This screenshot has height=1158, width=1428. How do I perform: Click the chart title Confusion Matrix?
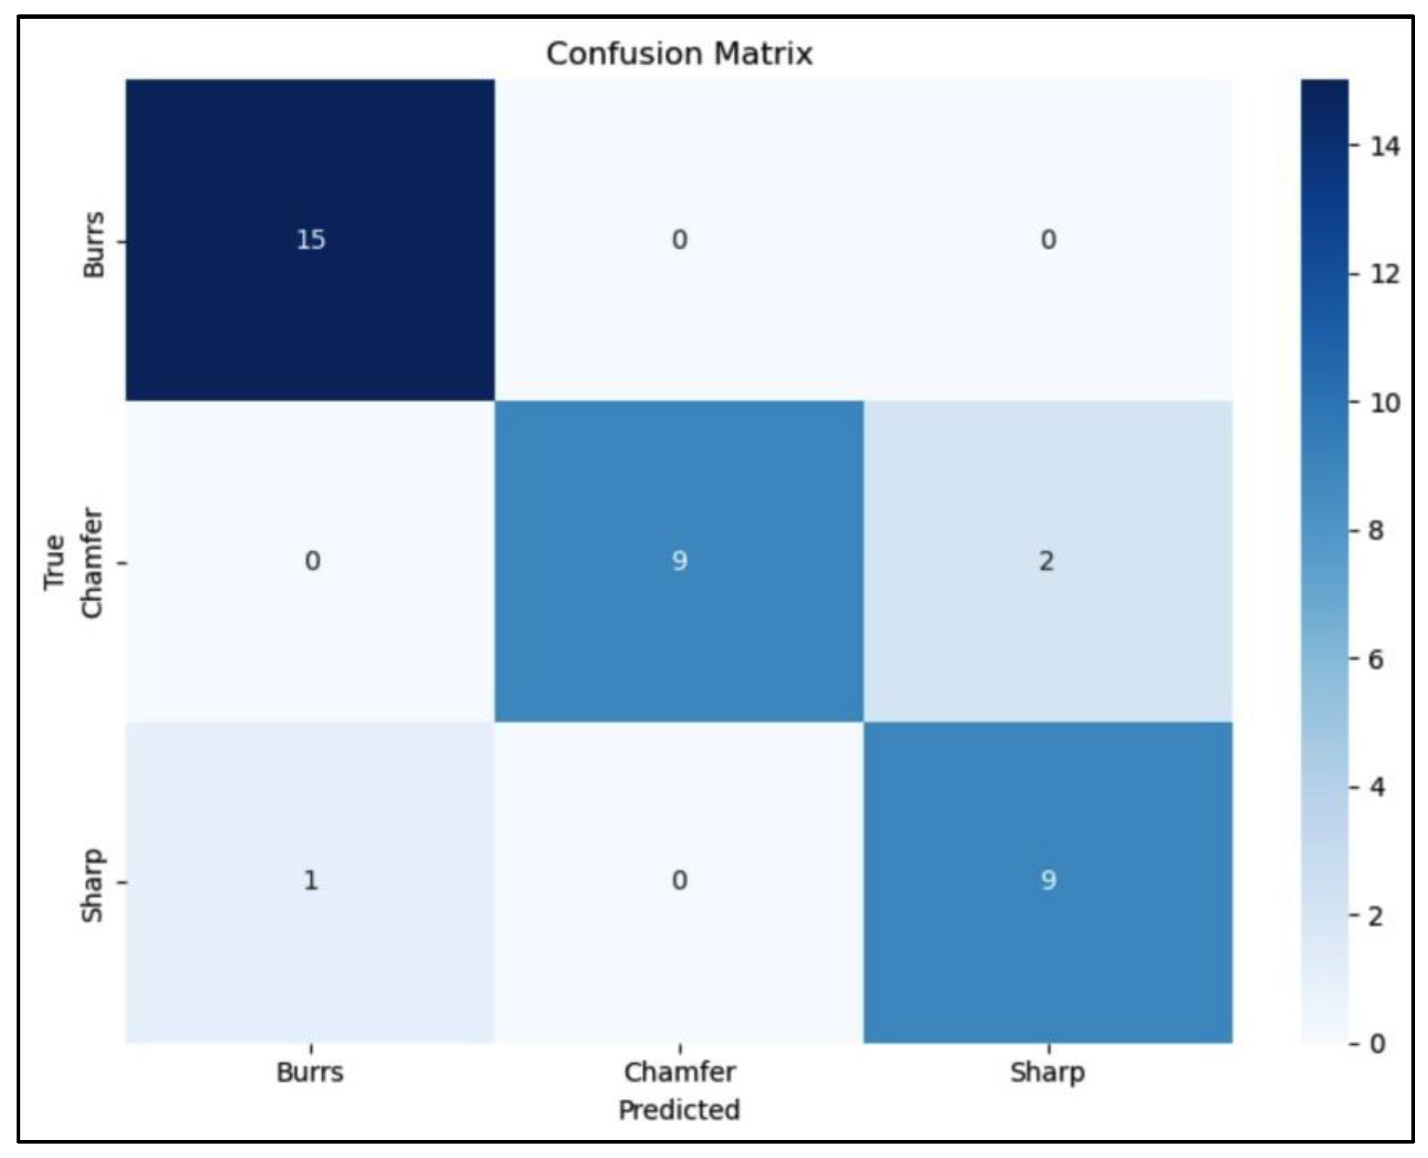pos(679,53)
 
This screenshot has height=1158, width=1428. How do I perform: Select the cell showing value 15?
pos(311,240)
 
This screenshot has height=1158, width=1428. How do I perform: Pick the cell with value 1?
pos(311,882)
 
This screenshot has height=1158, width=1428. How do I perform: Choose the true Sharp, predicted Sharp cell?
pos(1047,882)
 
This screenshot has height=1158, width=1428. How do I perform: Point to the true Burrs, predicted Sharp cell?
pos(1047,240)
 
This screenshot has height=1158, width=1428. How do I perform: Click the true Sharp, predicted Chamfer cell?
pos(679,882)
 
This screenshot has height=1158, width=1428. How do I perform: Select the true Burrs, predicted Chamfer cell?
pos(679,240)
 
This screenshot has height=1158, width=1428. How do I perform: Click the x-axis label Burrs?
pos(311,1073)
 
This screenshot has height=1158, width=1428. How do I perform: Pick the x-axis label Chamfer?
pos(679,1073)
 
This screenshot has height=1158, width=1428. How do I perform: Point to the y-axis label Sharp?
pos(94,885)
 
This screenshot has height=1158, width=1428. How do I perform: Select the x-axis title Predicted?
pos(679,1110)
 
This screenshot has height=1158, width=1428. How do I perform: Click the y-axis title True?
pos(55,562)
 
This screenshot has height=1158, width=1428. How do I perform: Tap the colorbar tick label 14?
pos(1385,146)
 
